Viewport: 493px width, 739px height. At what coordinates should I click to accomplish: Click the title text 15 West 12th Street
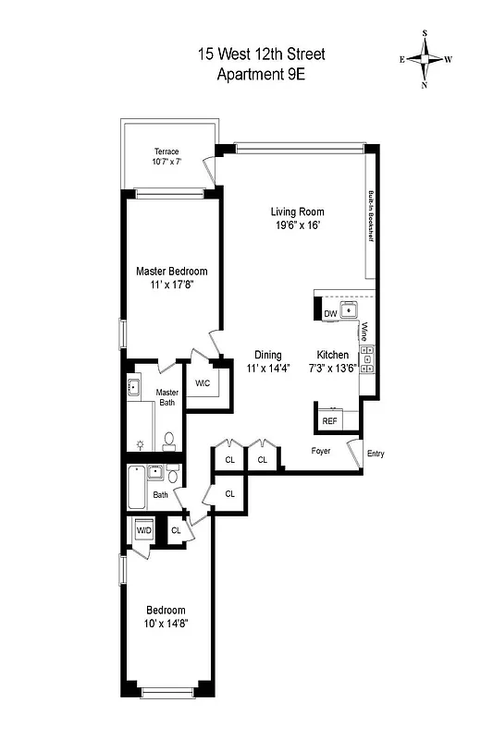tap(261, 55)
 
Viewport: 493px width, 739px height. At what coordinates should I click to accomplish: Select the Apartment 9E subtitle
tap(261, 75)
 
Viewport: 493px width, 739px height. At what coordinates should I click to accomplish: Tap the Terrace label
tap(166, 151)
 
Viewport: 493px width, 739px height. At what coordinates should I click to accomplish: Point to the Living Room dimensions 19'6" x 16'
tap(297, 225)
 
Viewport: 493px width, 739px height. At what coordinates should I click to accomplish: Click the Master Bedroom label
tap(171, 271)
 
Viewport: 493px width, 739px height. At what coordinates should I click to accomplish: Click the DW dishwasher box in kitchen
tap(330, 314)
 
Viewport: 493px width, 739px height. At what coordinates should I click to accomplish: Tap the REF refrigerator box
tap(329, 421)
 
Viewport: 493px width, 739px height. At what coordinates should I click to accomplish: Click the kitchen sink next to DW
tap(351, 310)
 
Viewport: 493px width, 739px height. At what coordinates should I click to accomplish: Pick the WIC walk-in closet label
tap(203, 383)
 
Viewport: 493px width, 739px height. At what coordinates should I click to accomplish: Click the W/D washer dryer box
tap(143, 531)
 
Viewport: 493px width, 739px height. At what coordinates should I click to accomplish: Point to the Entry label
tap(375, 454)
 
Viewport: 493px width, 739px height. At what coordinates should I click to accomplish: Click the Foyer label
tap(320, 451)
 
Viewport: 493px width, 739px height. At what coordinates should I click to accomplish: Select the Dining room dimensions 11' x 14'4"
tap(268, 369)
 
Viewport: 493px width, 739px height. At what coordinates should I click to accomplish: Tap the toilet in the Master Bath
tap(169, 441)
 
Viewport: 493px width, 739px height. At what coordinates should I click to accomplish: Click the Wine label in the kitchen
tap(365, 330)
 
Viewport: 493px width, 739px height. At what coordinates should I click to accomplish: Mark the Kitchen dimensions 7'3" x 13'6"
tap(334, 369)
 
